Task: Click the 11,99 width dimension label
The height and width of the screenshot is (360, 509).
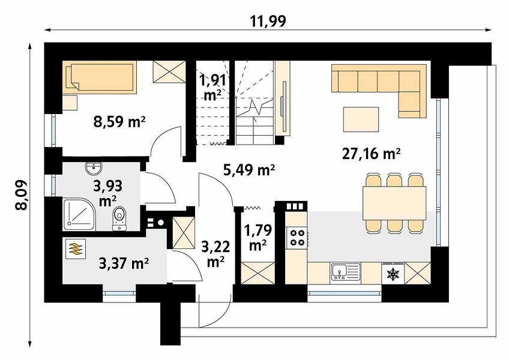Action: click(268, 21)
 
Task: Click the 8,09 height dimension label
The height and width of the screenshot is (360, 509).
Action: click(22, 195)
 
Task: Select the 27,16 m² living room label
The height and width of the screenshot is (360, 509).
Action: click(371, 154)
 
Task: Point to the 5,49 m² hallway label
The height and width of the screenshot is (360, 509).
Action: click(249, 170)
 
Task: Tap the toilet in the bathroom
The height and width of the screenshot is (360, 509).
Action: click(119, 218)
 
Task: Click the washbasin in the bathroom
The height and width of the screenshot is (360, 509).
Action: click(94, 169)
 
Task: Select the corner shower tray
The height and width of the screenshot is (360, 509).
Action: click(79, 214)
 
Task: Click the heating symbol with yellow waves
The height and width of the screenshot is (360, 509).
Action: click(75, 249)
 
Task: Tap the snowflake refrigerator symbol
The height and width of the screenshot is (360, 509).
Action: click(393, 274)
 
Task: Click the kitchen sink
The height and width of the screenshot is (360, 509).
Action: click(345, 272)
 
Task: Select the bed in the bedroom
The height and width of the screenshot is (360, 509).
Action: click(100, 77)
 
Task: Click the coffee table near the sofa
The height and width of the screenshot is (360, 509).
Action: click(361, 119)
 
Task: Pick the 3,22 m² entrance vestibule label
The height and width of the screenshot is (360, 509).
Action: click(216, 254)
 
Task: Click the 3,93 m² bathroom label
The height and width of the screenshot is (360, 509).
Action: click(108, 193)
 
